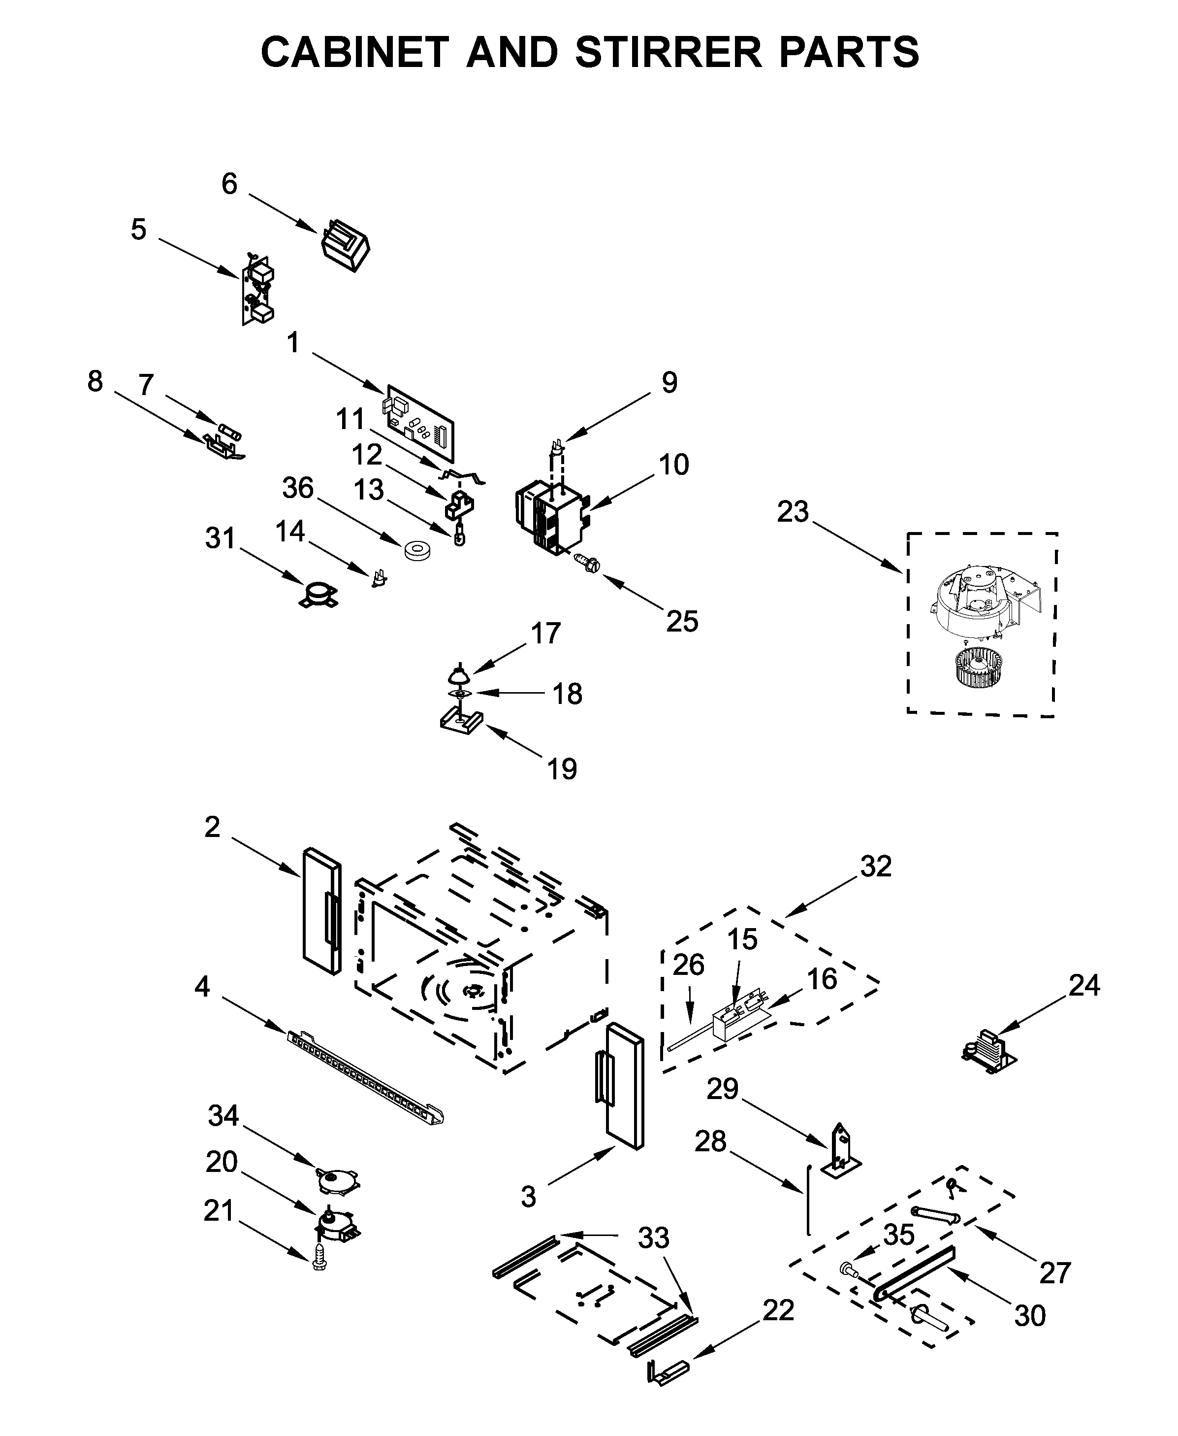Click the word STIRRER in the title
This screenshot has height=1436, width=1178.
point(669,52)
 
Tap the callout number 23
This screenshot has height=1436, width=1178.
point(793,512)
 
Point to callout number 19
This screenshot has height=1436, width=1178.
point(562,769)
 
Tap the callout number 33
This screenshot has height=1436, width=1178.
point(653,1238)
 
